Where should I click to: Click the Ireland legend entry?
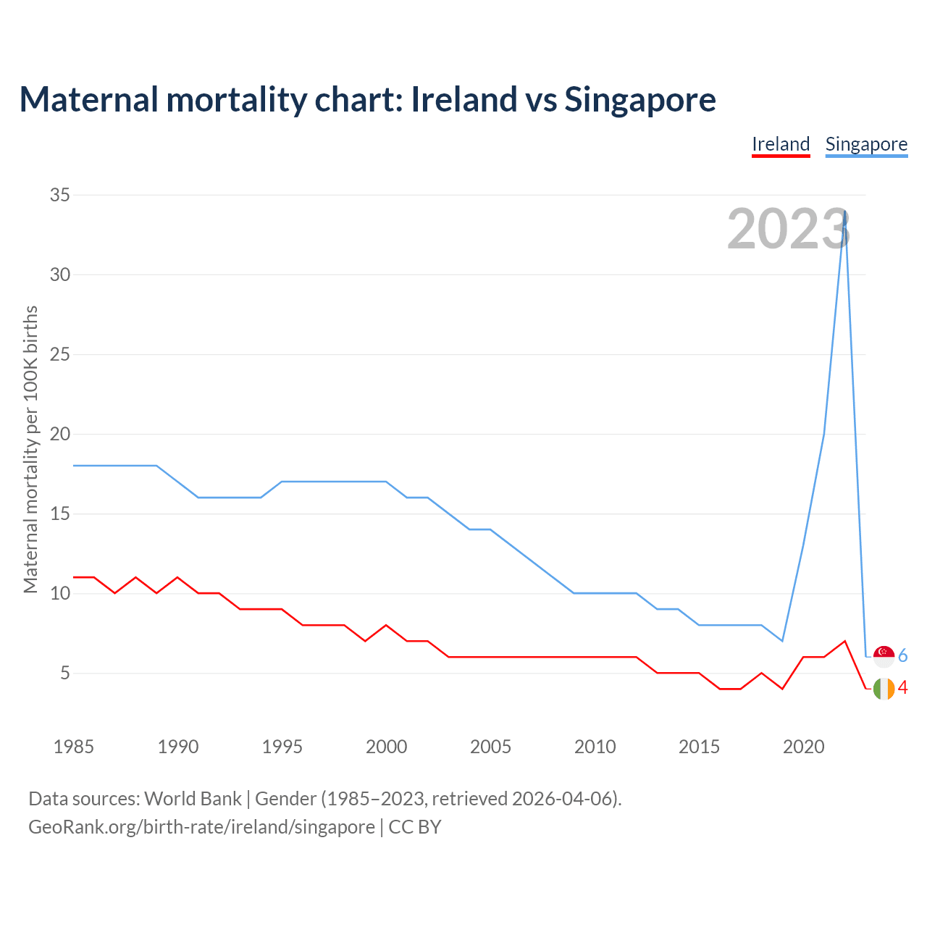click(781, 144)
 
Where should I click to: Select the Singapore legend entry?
click(866, 144)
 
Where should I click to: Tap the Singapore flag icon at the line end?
click(884, 656)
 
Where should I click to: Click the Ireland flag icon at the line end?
click(884, 688)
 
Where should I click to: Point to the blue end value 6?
click(903, 656)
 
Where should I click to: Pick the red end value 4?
click(903, 688)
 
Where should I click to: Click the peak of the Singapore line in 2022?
click(845, 211)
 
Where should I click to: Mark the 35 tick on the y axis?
click(60, 195)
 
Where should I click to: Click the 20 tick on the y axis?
click(60, 434)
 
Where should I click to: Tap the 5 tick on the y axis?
click(65, 673)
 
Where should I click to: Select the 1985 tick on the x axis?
click(74, 747)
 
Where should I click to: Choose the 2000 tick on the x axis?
click(386, 747)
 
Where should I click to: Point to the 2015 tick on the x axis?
click(699, 747)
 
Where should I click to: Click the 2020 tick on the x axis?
click(803, 747)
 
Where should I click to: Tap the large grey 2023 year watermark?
click(788, 230)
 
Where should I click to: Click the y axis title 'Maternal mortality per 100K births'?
click(30, 449)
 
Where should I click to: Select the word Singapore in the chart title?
click(640, 99)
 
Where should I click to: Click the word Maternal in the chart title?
click(88, 99)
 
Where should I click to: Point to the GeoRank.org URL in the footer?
click(201, 827)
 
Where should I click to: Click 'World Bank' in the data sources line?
click(193, 799)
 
